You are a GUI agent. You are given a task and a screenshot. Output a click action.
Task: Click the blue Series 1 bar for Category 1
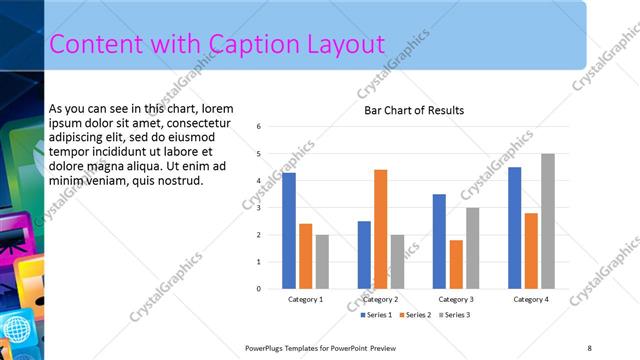click(x=289, y=231)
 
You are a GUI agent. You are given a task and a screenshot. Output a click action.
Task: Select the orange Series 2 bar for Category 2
click(x=381, y=229)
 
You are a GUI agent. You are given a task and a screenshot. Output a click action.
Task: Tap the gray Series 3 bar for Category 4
click(x=547, y=221)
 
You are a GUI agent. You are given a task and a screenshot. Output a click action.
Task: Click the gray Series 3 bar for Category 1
click(x=322, y=262)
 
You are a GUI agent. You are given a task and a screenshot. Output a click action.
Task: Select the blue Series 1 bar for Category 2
click(x=364, y=255)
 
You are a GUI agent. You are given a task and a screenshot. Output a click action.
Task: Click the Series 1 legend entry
click(x=377, y=315)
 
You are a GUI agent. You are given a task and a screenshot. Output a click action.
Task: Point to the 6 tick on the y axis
click(x=259, y=127)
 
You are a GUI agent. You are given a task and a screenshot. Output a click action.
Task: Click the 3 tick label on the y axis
click(x=259, y=208)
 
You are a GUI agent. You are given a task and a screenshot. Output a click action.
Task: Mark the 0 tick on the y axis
click(x=259, y=289)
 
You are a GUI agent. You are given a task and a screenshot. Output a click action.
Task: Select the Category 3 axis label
click(x=455, y=299)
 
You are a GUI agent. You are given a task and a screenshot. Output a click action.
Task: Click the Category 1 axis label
click(x=305, y=299)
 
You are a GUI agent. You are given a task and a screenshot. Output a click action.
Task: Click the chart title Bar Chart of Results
click(x=413, y=110)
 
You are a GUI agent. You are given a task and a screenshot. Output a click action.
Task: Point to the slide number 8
click(x=589, y=347)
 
